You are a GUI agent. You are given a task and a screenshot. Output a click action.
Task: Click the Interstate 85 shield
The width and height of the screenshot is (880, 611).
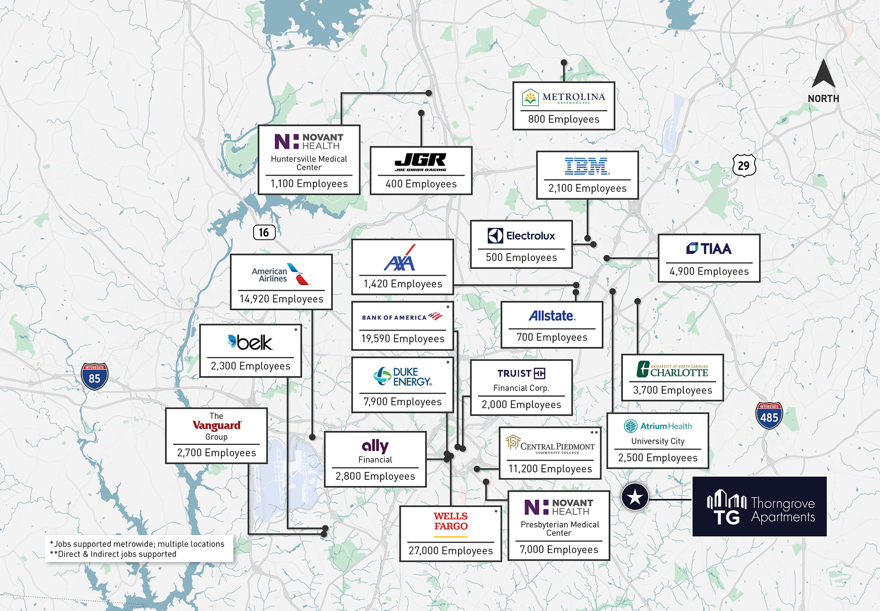click(94, 376)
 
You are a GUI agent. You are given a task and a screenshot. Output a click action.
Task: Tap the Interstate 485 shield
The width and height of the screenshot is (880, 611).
click(769, 416)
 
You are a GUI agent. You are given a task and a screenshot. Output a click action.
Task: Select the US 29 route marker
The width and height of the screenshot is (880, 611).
click(744, 166)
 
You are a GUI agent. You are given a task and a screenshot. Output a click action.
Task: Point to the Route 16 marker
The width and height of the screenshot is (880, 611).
click(264, 232)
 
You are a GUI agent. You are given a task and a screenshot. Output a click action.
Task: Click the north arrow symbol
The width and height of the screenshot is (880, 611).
click(823, 74)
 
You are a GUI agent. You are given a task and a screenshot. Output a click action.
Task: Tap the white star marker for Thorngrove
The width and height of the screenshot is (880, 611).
click(635, 497)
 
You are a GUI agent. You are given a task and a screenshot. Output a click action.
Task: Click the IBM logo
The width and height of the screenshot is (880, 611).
click(587, 166)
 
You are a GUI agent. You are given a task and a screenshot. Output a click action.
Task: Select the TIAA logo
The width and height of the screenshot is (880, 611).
click(709, 249)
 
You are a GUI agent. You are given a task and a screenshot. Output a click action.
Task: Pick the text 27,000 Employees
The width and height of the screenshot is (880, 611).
click(451, 551)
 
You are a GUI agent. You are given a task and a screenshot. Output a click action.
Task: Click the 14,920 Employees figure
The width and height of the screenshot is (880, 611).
click(281, 299)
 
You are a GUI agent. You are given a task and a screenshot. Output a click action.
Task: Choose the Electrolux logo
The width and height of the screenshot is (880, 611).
click(521, 236)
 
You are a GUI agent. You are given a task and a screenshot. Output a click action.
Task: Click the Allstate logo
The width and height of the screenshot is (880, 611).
click(552, 316)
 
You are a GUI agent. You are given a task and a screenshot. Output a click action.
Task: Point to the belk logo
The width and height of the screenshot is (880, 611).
click(250, 342)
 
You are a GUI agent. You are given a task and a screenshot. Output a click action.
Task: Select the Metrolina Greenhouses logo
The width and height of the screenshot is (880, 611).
click(564, 97)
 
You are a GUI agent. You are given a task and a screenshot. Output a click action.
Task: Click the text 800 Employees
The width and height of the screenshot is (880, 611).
click(564, 119)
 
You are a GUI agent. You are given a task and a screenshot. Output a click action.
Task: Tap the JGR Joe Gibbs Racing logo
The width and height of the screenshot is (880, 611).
click(421, 162)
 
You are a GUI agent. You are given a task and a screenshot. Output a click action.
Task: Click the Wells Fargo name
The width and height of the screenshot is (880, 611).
click(451, 522)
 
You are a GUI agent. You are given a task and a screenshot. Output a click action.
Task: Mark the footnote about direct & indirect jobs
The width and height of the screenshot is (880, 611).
click(113, 554)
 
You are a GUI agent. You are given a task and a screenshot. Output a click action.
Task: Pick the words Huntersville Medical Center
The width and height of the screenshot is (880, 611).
click(309, 163)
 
